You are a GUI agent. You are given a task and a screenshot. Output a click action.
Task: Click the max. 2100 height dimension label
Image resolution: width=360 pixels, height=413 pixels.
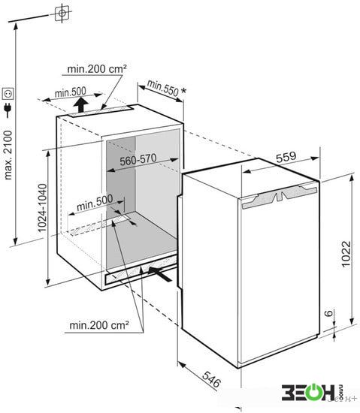point(8,155)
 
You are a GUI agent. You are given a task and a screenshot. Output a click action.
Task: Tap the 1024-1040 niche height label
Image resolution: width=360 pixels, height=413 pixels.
point(42,208)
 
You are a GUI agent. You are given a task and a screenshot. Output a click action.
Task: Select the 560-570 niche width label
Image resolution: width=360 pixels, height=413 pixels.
point(138,160)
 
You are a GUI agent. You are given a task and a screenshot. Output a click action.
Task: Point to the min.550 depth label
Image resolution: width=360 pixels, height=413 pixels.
point(162,88)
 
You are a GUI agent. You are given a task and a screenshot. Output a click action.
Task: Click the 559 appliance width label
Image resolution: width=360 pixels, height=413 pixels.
point(286,157)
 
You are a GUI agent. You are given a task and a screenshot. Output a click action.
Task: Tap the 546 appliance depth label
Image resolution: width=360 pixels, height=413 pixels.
point(211,379)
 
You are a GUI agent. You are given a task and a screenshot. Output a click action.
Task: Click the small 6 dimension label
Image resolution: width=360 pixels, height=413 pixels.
point(328,313)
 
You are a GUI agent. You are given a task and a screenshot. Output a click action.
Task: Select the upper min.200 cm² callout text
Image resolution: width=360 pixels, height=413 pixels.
point(97,69)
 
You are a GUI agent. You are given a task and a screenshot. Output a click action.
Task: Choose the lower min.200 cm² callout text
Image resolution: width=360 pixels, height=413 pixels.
point(99,325)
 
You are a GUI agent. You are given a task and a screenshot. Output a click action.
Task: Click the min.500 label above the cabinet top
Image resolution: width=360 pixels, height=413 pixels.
point(71,92)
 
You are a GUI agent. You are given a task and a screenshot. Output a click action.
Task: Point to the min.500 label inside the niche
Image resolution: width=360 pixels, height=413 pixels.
point(95,203)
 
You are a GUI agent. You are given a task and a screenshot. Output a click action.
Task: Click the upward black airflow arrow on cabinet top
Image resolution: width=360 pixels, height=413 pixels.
point(81,104)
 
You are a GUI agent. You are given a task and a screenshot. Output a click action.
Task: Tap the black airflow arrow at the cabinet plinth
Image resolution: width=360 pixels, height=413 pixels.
point(160,273)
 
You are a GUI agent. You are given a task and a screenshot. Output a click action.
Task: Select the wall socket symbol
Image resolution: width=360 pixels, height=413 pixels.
point(8,94)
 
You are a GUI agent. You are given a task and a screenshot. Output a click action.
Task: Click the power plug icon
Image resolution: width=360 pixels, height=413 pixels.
point(8,110)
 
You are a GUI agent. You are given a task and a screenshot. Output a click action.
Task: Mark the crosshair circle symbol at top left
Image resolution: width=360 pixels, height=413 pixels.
point(62,13)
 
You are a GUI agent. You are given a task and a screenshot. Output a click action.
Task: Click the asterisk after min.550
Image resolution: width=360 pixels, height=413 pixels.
point(183,91)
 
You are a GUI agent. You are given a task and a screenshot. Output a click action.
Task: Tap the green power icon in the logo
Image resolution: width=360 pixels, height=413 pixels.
point(313,393)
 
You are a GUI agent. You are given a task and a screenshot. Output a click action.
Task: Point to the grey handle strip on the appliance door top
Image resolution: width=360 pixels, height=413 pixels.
point(280,197)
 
